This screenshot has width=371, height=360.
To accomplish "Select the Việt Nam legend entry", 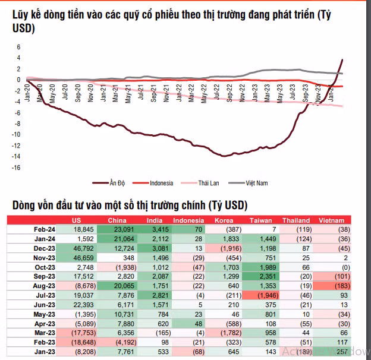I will pos(256,183).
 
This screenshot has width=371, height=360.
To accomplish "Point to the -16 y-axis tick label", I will pos(17,168).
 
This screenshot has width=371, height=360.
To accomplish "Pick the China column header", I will pos(117,221).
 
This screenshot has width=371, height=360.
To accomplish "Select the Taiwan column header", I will pos(260,221).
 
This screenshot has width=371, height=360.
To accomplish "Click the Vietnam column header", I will pos(332,221).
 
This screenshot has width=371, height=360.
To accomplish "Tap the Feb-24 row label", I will pos(45,229).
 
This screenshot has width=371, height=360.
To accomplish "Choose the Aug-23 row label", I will pos(45,286).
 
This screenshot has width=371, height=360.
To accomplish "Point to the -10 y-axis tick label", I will pos(17,135).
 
